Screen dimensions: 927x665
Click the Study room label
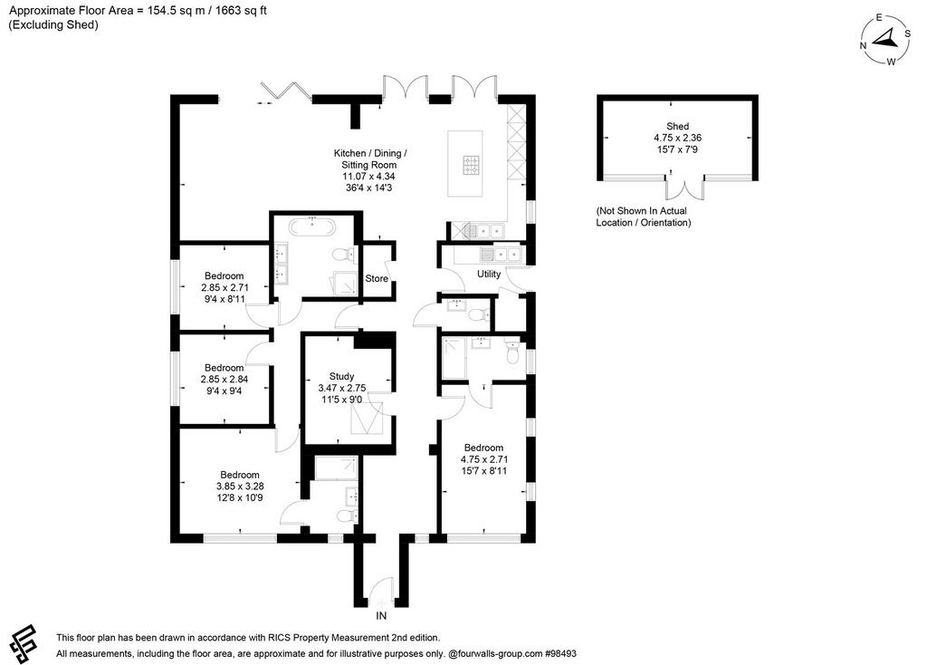(341, 376)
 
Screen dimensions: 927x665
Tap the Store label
(377, 278)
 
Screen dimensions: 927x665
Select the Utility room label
(489, 274)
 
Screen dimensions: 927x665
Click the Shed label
(677, 126)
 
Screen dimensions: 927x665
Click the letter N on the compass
(863, 45)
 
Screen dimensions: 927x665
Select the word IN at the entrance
(381, 616)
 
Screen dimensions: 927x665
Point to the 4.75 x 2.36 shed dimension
(677, 138)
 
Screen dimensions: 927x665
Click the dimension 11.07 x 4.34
(369, 177)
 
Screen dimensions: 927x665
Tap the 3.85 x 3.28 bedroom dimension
(240, 487)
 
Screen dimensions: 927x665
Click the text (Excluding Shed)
(53, 24)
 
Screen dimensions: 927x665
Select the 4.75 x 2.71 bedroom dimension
(484, 459)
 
